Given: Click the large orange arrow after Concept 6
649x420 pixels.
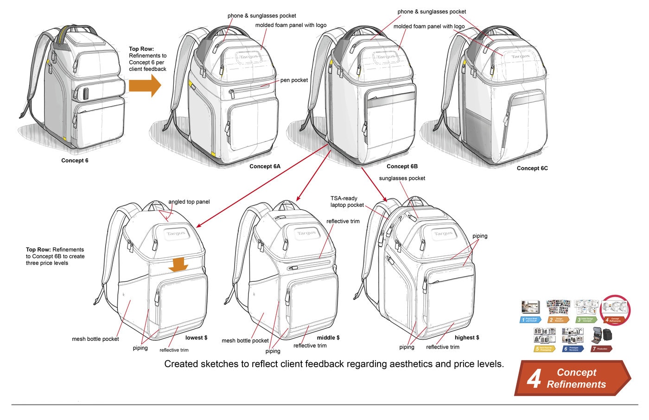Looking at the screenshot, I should click(145, 85).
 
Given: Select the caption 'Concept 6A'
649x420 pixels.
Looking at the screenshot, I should click(265, 166).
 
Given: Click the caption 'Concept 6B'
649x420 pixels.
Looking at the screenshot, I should click(402, 166).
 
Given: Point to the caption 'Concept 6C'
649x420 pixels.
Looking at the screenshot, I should click(532, 168).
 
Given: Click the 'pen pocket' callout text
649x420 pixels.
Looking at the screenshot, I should click(294, 80).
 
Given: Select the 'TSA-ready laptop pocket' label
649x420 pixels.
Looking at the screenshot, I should click(347, 202).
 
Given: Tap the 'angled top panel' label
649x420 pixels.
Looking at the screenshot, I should click(189, 202).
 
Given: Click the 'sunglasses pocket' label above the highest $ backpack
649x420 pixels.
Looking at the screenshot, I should click(402, 178).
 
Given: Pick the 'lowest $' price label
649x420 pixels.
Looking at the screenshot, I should click(196, 337).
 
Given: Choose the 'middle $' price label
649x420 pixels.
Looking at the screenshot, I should click(328, 337).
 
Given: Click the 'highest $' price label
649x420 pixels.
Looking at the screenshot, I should click(467, 337).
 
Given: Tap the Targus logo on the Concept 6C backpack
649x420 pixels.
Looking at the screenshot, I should click(520, 57).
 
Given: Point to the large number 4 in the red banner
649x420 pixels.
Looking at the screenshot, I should click(534, 379).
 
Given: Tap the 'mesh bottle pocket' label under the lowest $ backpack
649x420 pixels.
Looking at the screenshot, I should click(95, 339).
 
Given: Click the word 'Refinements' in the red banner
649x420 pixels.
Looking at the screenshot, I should click(576, 384).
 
